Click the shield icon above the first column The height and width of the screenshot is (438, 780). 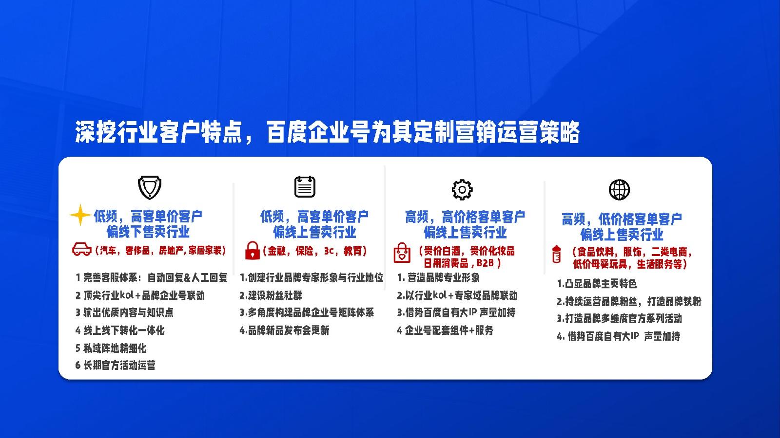[149, 187]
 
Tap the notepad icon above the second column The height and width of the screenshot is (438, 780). [305, 187]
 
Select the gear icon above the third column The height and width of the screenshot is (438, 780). [462, 189]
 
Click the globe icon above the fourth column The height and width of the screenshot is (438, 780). [619, 190]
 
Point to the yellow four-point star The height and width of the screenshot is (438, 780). [80, 215]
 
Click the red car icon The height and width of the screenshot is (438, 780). [82, 249]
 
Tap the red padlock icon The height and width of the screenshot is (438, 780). [253, 251]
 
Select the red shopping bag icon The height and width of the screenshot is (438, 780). [402, 253]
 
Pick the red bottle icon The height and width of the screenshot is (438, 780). [556, 255]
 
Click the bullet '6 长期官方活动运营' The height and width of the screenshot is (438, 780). [115, 365]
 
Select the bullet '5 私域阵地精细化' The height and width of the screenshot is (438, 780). [111, 348]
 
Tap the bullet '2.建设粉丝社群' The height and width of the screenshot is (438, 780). [271, 295]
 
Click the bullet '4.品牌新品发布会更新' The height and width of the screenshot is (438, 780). [284, 330]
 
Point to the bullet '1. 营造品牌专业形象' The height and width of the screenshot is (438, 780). [438, 277]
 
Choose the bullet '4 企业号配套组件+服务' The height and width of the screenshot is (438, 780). [445, 330]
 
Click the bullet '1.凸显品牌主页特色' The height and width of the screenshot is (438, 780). [597, 284]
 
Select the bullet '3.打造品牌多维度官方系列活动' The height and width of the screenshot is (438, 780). [619, 318]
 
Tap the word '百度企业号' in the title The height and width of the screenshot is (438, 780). [317, 132]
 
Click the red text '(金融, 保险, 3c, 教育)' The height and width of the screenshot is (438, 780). [315, 251]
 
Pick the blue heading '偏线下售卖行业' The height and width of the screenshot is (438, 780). [148, 232]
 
